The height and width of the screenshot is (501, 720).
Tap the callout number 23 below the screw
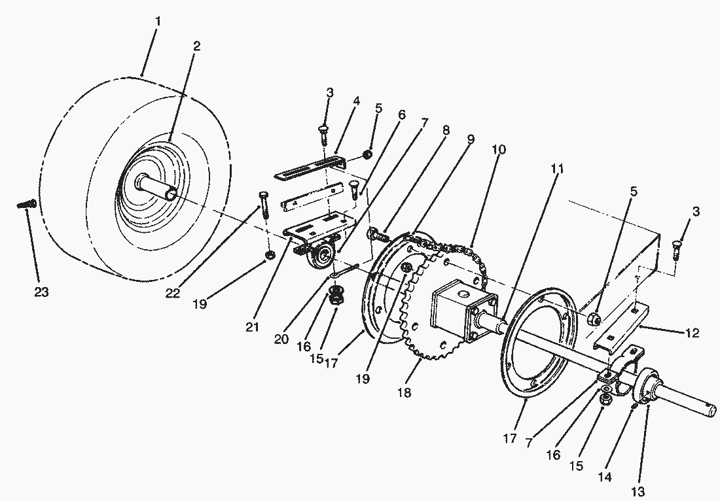(x=41, y=292)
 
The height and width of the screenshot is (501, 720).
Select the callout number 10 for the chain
(x=499, y=149)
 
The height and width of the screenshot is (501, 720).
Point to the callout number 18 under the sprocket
(x=405, y=393)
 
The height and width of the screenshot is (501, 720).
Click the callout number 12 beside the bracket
(x=691, y=333)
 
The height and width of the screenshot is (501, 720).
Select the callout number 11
(x=556, y=168)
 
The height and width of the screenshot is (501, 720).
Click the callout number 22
(x=172, y=293)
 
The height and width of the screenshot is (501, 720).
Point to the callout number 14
(x=605, y=477)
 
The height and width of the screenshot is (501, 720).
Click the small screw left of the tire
(x=26, y=205)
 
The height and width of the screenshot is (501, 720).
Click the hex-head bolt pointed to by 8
(x=378, y=233)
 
